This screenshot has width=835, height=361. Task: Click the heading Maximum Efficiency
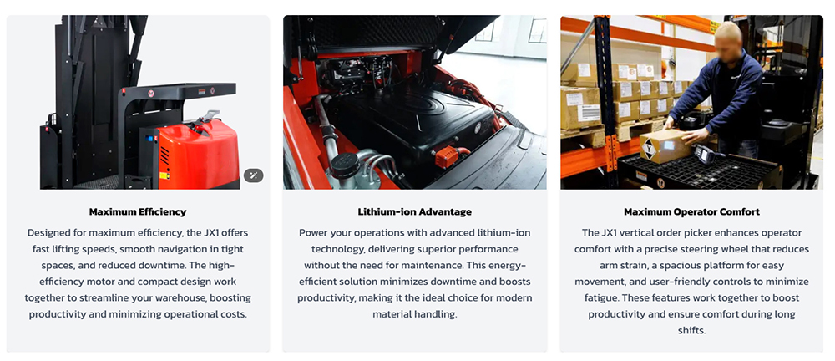point(138,211)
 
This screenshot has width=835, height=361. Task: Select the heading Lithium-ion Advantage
point(415,211)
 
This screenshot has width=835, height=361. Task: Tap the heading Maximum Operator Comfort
point(691,211)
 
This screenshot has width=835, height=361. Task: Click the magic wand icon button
point(254,175)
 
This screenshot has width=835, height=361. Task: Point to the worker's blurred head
point(727,39)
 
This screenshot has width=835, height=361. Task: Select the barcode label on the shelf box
point(589,113)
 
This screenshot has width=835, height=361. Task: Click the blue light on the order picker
point(149,138)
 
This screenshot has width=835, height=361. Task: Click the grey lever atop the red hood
point(206,118)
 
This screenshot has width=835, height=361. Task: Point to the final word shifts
point(691,330)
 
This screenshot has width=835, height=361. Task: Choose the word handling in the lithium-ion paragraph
point(438,314)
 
